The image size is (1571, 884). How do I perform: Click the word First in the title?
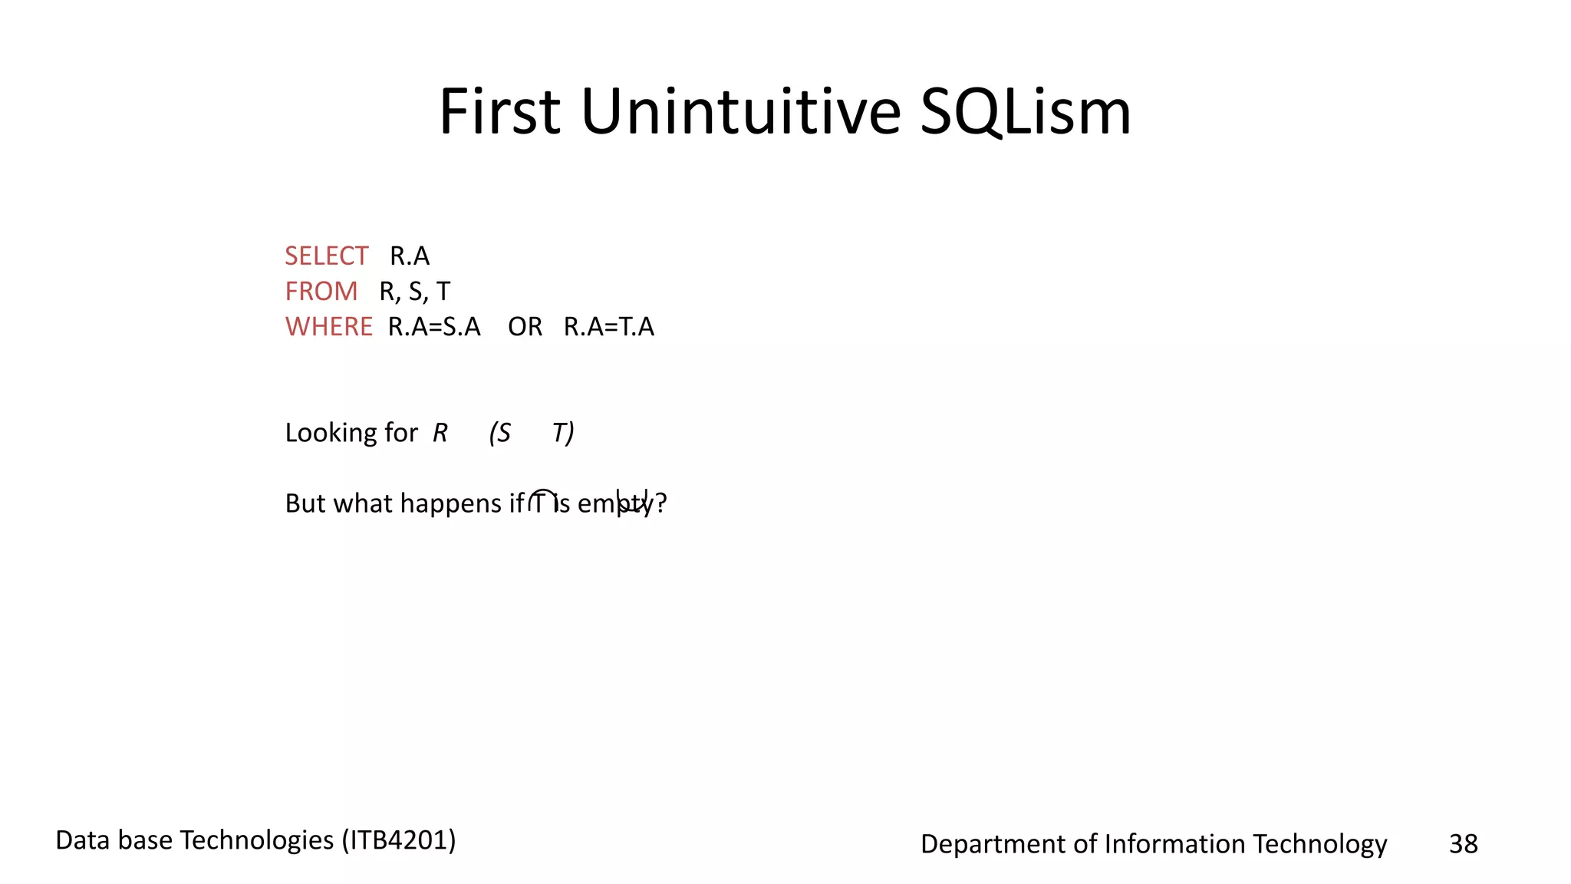pos(499,112)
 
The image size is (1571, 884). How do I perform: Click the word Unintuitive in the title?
pos(740,112)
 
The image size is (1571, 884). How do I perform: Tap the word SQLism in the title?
pos(1025,112)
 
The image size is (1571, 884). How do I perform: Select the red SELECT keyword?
pos(326,256)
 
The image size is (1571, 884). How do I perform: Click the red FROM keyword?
pos(321,291)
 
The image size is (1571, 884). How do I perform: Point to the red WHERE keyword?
pos(328,327)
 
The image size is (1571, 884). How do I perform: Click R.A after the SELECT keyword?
pos(410,256)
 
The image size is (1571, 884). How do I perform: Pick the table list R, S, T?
pos(414,292)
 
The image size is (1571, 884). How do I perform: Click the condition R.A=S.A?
pos(434,327)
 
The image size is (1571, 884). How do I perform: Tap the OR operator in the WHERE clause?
pos(525,327)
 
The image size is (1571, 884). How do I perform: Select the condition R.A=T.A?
pos(608,327)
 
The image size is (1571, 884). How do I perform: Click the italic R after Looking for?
pos(440,433)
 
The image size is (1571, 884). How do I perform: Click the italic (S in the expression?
pos(500,433)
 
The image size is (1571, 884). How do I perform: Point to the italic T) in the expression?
pos(563,433)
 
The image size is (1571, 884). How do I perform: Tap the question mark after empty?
pos(661,503)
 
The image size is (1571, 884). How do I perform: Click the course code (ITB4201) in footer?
pos(399,840)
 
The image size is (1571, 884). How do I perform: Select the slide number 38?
pos(1463,844)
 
